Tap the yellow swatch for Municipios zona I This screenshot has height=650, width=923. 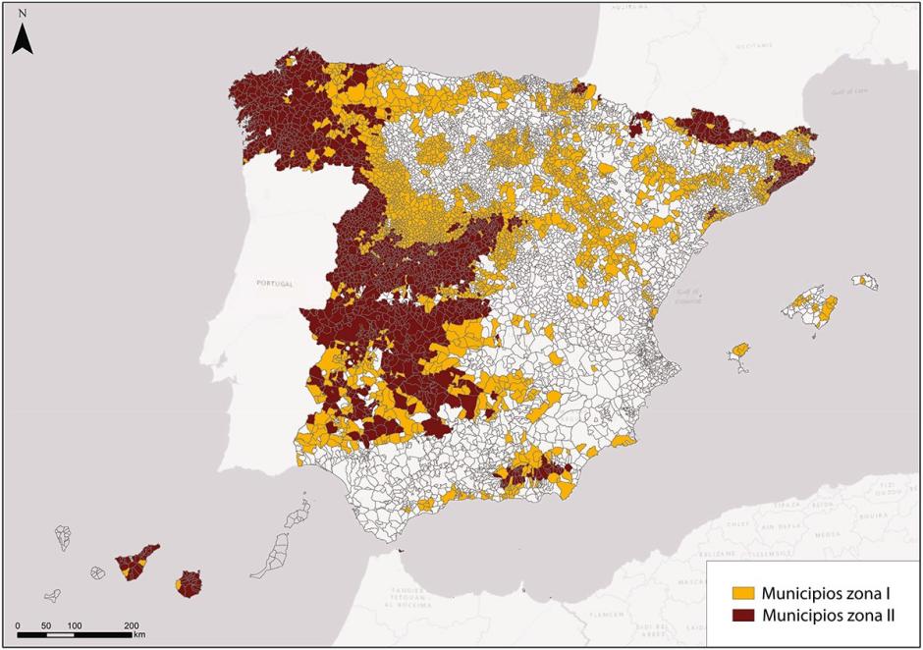click(743, 593)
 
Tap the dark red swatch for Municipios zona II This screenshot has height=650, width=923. click(743, 617)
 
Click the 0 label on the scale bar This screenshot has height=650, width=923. click(18, 624)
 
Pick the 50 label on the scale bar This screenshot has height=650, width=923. click(46, 624)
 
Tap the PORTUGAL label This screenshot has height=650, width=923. click(274, 283)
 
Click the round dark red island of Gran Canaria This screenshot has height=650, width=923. click(190, 585)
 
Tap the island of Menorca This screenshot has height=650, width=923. click(865, 282)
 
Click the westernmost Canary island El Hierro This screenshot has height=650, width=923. click(52, 595)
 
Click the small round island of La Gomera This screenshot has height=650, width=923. click(97, 572)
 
